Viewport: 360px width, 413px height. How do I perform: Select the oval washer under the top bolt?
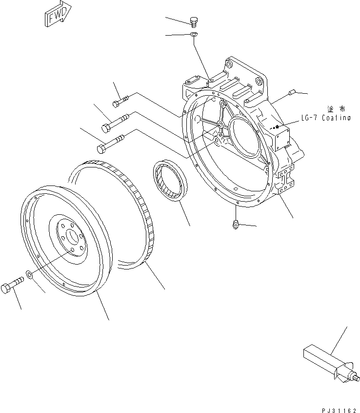point(193,34)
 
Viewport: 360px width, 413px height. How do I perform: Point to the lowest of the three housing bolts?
point(111,143)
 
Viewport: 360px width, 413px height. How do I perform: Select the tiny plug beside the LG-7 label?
point(276,128)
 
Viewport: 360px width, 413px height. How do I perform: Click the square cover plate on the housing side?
point(283,138)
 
